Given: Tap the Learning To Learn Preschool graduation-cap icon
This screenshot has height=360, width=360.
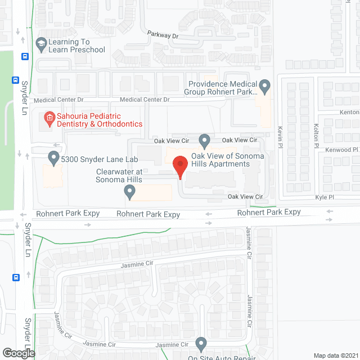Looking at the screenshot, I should tap(40, 43).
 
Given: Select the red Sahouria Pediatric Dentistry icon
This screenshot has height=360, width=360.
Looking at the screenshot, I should tap(49, 118).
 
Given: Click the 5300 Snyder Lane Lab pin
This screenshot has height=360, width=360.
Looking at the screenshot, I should tap(54, 157).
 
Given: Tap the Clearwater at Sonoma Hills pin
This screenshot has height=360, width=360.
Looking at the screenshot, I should tap(130, 192).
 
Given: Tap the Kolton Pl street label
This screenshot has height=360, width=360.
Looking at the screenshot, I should tap(316, 132).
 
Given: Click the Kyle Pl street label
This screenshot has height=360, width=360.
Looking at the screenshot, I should tap(325, 197).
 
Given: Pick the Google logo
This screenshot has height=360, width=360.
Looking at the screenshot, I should tap(17, 353).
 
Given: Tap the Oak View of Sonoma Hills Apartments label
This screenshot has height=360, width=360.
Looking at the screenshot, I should tap(220, 160).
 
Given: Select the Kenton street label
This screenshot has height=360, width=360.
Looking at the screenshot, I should tap(349, 112).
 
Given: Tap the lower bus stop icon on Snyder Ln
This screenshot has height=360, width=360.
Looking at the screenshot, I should tap(16, 277).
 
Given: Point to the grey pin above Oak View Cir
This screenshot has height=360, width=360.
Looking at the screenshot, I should tap(205, 139).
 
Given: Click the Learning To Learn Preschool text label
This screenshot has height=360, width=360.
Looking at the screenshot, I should tap(77, 46).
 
